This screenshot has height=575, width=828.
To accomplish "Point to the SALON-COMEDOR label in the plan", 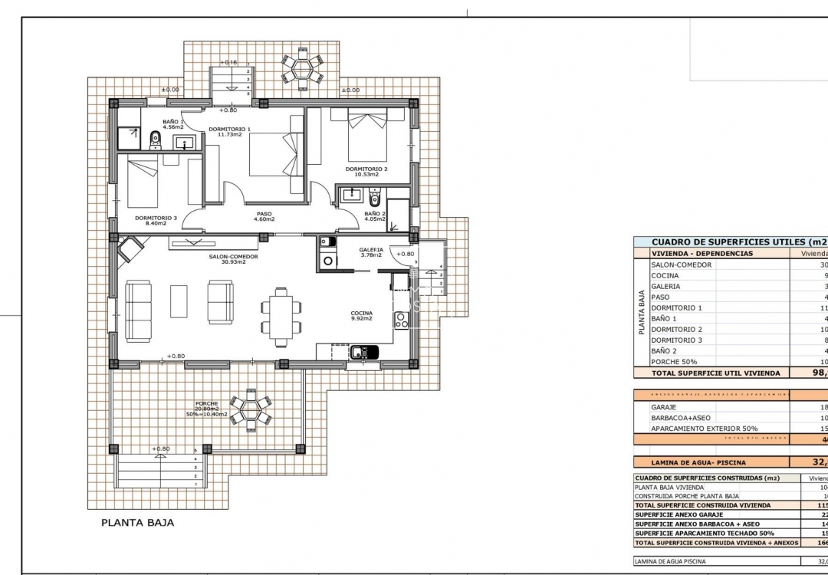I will (x=233, y=257).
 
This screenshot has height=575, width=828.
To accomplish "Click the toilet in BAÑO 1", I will (x=155, y=139).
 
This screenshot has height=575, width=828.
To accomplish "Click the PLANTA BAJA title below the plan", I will (x=138, y=523).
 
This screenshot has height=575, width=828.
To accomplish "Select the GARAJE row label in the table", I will (x=663, y=407).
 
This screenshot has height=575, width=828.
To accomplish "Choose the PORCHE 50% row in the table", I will (x=675, y=361).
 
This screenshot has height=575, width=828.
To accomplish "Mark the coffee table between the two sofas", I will (x=179, y=301).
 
